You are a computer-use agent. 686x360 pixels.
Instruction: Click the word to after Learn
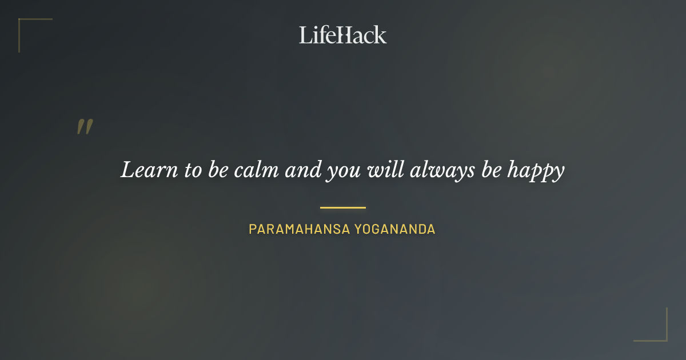point(192,170)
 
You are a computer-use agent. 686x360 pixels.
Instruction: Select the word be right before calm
point(218,170)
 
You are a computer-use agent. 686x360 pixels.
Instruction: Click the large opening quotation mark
point(85,127)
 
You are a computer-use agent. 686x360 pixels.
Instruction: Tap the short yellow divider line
point(343,207)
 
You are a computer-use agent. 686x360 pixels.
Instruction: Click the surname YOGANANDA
point(395,229)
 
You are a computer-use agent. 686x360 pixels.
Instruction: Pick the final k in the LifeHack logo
point(380,35)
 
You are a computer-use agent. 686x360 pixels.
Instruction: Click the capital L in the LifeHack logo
point(305,35)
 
